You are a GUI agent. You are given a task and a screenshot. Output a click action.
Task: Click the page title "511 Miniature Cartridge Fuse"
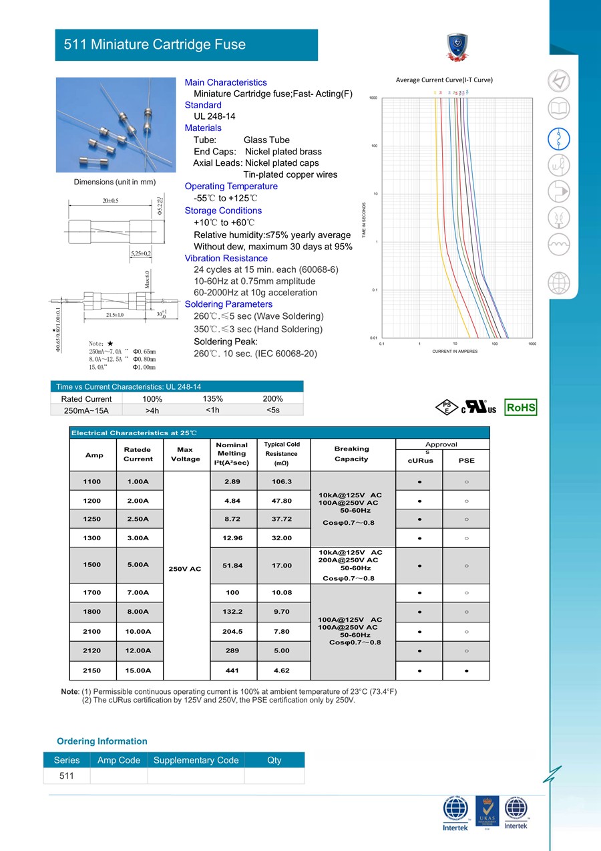tap(154, 45)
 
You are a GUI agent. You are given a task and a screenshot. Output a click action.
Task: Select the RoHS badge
tap(521, 407)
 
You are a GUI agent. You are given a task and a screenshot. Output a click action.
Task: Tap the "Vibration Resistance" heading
tap(226, 258)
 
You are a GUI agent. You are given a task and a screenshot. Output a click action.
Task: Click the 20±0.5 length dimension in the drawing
tap(111, 201)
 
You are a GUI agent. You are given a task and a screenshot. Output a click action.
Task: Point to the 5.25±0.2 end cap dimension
tap(141, 253)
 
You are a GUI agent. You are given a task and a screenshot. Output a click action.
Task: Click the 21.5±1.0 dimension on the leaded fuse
tap(115, 315)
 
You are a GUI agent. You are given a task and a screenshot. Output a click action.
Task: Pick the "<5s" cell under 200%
tap(272, 410)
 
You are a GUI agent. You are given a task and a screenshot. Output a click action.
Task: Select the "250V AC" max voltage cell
tap(186, 569)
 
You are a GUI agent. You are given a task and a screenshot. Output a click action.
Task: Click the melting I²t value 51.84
tap(232, 566)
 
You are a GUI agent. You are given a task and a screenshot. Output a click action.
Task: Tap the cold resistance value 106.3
tap(282, 481)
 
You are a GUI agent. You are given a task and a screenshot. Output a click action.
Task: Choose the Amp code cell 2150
tap(92, 670)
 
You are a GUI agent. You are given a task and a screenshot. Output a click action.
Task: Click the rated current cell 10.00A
tap(138, 632)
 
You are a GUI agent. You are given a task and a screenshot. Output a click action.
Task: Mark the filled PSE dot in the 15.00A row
tap(466, 670)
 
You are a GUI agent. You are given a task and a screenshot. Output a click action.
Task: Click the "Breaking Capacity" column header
tap(351, 454)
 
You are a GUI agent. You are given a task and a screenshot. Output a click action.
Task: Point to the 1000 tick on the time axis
tap(373, 98)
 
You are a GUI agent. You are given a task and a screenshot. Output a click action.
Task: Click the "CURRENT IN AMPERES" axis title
tap(455, 351)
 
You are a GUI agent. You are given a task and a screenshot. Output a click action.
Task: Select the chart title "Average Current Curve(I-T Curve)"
tap(444, 80)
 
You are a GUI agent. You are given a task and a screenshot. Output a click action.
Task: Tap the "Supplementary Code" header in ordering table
tap(196, 760)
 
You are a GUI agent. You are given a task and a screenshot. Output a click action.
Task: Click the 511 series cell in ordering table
tap(67, 775)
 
